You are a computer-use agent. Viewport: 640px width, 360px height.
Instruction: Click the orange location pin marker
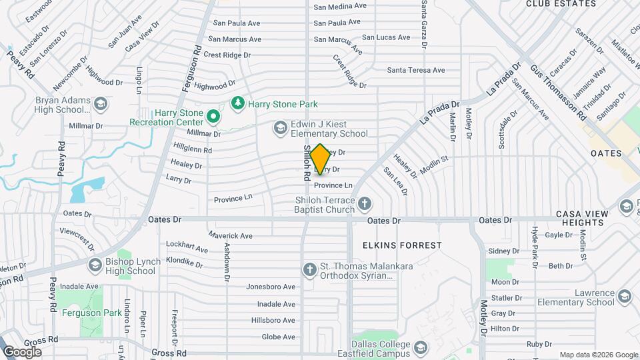coord(320,159)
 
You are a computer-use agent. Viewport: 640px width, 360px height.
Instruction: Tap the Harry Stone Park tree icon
coord(237,103)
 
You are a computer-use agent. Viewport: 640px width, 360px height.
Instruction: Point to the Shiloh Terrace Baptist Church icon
coord(365,203)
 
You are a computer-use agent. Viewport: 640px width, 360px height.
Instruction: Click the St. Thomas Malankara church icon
coord(309,269)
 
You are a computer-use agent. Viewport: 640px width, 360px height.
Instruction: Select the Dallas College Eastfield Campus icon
coord(421,347)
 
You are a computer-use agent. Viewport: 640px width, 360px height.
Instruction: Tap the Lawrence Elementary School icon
coord(625,295)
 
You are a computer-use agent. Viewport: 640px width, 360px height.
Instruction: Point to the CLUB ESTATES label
coord(561,4)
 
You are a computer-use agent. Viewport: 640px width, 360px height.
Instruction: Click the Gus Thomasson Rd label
coord(558,92)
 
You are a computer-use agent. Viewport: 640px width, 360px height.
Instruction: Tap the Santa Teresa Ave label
coord(416,70)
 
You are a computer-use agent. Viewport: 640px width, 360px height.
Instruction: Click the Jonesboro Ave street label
coord(271,287)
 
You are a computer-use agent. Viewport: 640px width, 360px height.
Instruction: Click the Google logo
coord(21,351)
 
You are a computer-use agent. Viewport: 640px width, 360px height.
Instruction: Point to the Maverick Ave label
coord(230,235)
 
